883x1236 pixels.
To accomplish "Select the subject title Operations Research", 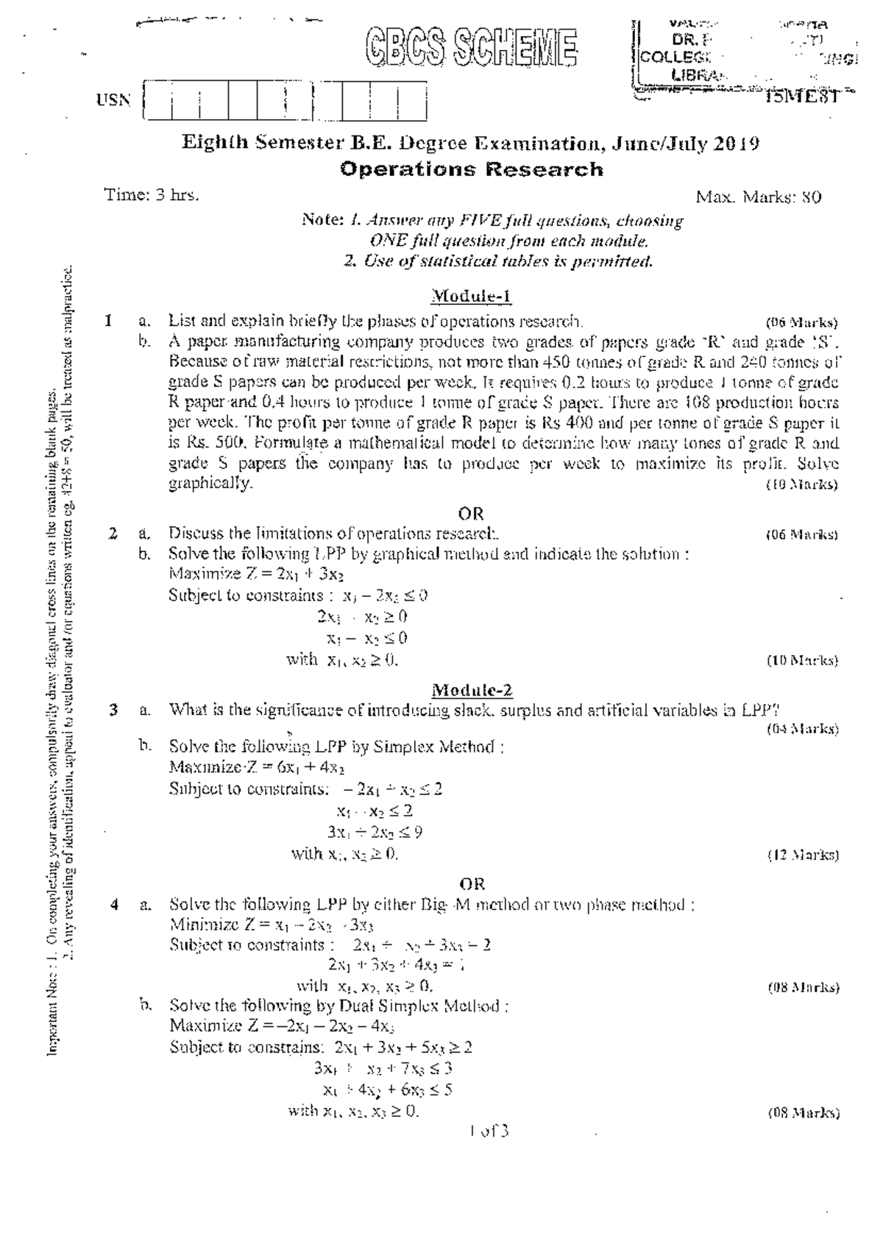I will tap(471, 169).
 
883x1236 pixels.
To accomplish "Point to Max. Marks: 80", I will tap(759, 197).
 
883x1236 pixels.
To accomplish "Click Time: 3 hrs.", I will tap(152, 195).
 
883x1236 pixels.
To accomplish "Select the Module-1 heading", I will tap(471, 297).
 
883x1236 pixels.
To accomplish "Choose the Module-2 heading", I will tap(472, 690).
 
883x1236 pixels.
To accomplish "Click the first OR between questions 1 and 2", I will tap(471, 513).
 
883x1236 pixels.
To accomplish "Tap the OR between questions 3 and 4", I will tap(472, 883).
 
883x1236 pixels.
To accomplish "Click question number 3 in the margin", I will tap(113, 710).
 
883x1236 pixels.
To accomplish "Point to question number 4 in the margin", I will tap(114, 905).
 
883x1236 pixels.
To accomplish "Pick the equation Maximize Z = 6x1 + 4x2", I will tap(258, 767).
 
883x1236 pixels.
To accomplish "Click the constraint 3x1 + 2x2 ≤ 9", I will tap(375, 833).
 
